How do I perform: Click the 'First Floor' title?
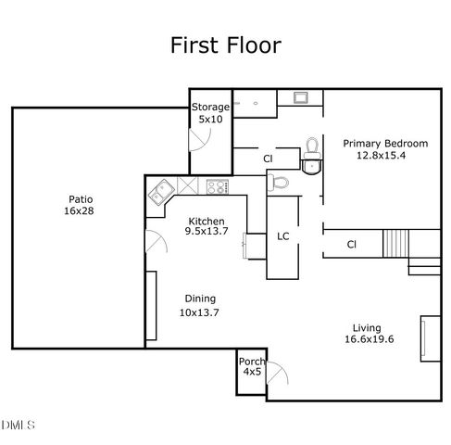225,44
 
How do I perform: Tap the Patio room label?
81,198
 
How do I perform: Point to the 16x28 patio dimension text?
81,211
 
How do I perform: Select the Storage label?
211,108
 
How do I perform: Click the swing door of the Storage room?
199,140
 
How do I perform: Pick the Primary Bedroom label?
385,144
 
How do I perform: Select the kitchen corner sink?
162,193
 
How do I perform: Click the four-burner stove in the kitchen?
217,186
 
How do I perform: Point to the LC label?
283,236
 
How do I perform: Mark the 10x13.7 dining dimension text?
199,311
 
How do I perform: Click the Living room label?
368,327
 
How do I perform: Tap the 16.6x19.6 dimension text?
368,339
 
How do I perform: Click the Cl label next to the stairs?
352,245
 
